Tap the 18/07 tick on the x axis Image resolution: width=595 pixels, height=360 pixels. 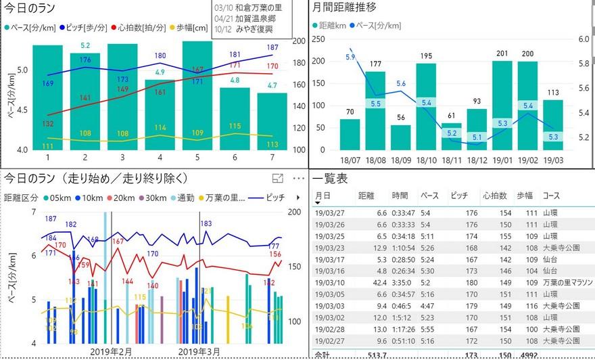350,160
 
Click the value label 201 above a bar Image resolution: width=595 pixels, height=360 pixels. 502,54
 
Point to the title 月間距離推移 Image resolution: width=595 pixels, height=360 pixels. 345,9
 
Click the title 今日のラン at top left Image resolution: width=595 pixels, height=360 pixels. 30,9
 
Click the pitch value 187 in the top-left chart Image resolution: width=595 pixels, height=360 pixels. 272,47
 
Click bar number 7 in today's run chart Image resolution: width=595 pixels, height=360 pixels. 272,121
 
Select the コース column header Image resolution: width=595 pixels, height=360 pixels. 551,196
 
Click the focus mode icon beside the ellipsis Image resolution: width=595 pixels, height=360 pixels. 277,178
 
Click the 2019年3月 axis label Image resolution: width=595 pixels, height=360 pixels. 199,352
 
